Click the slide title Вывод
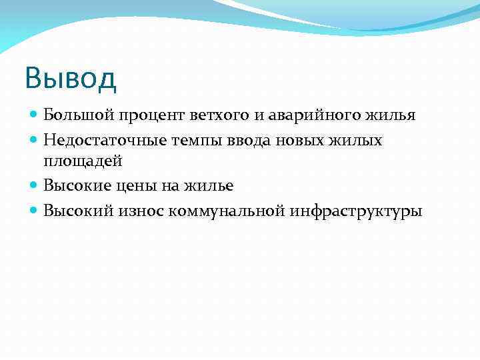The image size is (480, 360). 70,77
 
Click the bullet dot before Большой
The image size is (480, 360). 35,116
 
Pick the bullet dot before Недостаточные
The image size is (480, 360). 35,141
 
